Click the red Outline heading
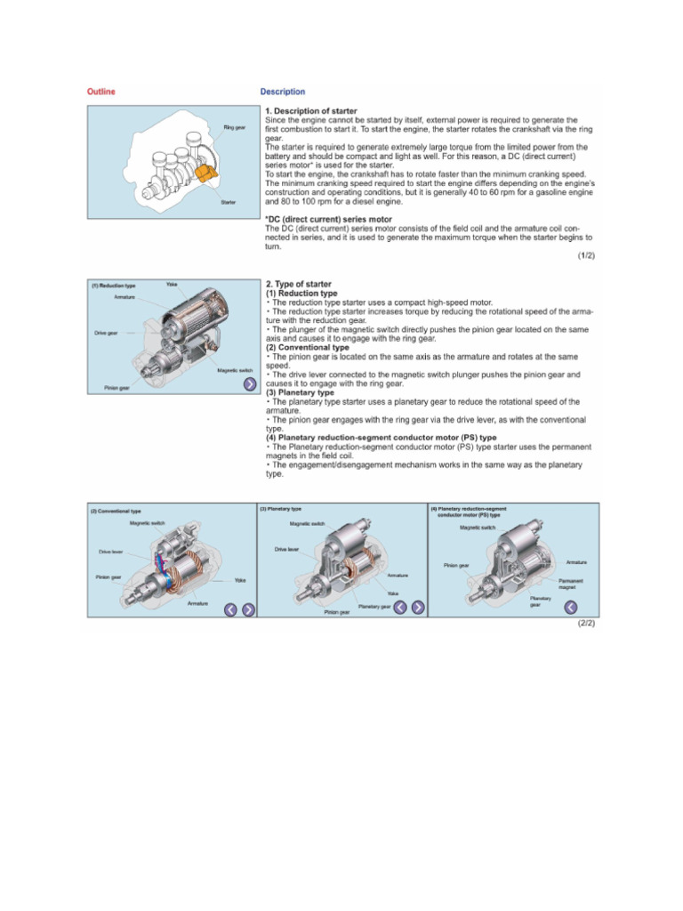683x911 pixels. [x=100, y=92]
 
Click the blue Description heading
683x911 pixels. [x=282, y=92]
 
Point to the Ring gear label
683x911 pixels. [x=234, y=128]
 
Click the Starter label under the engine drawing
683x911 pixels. [x=229, y=203]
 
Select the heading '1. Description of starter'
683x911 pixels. [x=311, y=111]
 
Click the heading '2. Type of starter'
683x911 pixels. [x=299, y=285]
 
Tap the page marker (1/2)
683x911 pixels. [x=585, y=256]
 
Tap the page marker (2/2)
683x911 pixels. [x=585, y=624]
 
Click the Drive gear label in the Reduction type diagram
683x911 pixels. [x=107, y=333]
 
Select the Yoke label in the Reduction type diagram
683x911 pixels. [x=172, y=284]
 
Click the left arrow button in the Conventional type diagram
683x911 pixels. [x=230, y=609]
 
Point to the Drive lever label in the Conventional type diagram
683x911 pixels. [x=111, y=552]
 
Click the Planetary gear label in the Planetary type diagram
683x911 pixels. [x=374, y=606]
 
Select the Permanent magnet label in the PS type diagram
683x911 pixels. [x=571, y=584]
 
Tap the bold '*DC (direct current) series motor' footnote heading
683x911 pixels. [x=328, y=219]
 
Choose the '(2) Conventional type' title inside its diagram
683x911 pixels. [x=116, y=512]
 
